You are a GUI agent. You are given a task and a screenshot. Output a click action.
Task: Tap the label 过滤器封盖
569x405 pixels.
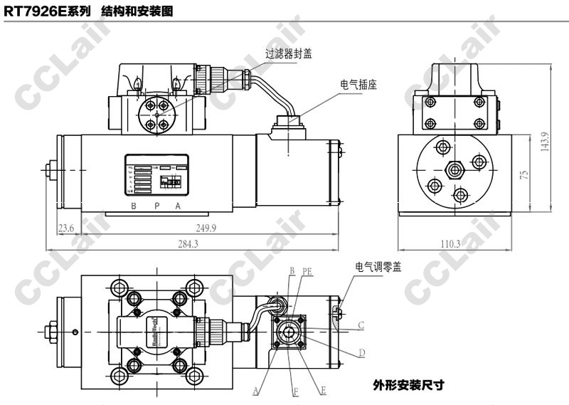tap(289, 53)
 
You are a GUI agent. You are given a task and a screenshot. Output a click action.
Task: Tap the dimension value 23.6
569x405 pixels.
tap(65, 228)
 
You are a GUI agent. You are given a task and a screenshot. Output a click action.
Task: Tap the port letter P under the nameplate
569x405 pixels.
tap(155, 206)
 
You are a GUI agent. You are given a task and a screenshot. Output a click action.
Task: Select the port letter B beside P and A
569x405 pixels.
tap(133, 206)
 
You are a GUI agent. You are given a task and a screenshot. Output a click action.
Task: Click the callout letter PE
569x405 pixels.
tap(307, 272)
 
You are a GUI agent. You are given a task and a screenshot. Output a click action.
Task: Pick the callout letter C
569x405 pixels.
tap(361, 326)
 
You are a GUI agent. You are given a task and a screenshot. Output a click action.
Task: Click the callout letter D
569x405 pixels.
tap(361, 353)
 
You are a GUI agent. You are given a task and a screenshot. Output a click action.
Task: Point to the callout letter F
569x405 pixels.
tap(294, 391)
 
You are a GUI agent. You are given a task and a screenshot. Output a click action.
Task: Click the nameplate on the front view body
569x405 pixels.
tap(156, 174)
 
